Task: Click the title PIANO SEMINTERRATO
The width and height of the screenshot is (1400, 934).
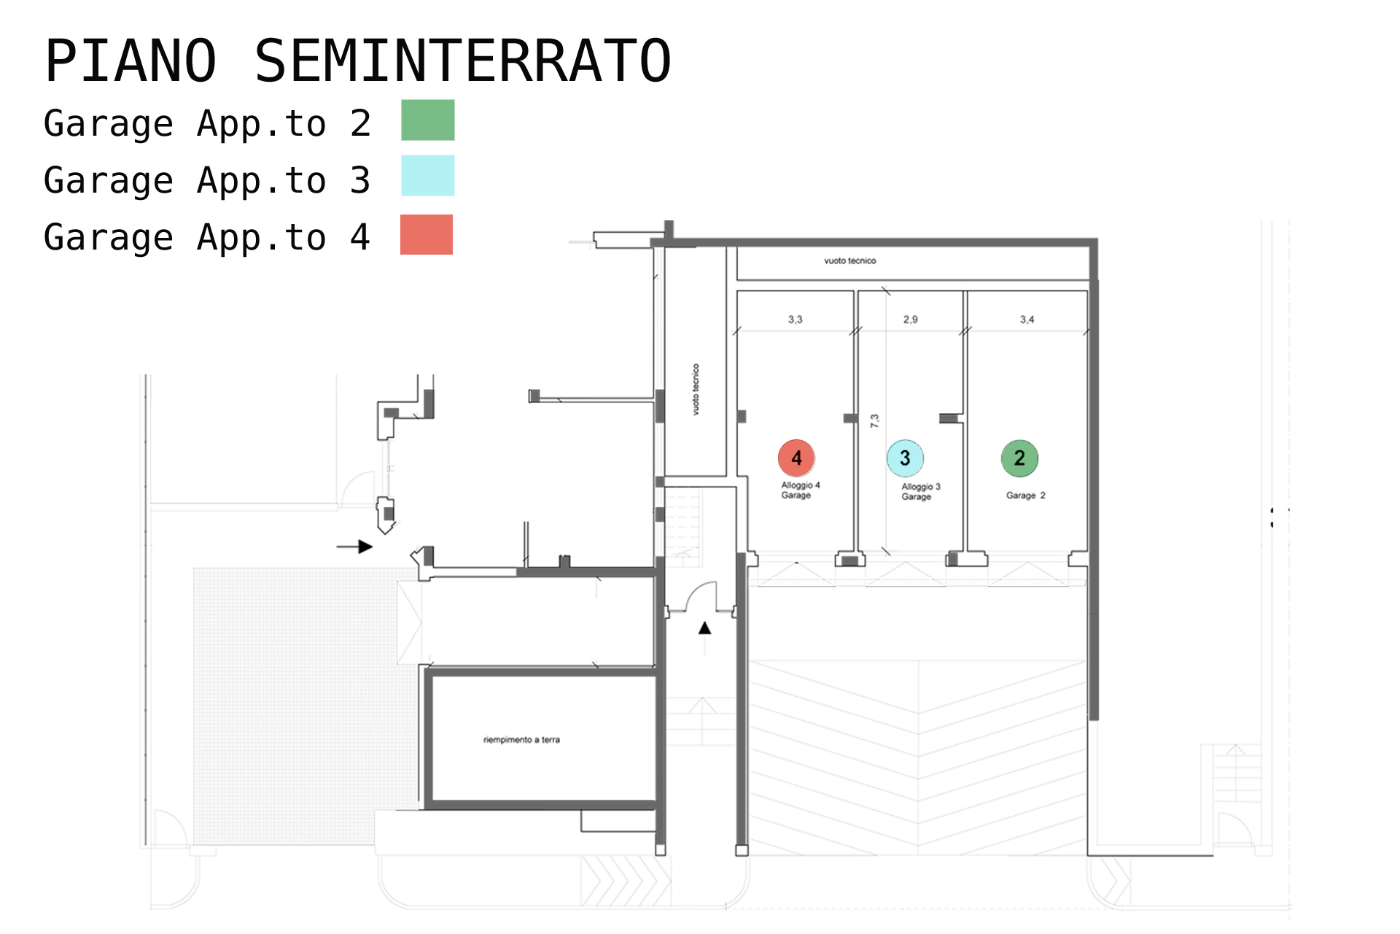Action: click(357, 61)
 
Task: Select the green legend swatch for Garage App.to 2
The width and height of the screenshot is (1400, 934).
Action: click(428, 120)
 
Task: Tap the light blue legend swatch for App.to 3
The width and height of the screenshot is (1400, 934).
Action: click(428, 175)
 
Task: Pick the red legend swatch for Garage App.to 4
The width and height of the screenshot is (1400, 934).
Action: click(427, 234)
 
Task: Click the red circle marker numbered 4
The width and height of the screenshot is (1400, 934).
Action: click(796, 458)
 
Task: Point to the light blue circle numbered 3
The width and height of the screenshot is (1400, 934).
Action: click(905, 458)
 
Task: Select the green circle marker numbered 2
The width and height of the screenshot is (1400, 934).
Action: click(1019, 458)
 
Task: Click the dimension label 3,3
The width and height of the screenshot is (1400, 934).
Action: click(795, 320)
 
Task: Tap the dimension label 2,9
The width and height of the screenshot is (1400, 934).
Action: click(910, 320)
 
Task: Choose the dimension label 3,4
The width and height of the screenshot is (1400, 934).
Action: click(1027, 320)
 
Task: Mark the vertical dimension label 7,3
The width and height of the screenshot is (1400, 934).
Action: click(874, 420)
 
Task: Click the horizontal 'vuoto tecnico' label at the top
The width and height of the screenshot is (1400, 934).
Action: click(849, 260)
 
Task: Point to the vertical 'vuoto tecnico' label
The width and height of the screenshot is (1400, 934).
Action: click(696, 390)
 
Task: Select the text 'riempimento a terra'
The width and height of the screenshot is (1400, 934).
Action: click(521, 740)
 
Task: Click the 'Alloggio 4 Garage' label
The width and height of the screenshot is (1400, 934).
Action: click(800, 490)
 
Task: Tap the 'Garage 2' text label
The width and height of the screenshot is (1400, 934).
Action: click(1025, 495)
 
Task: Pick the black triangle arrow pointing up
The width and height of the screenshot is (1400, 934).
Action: click(704, 628)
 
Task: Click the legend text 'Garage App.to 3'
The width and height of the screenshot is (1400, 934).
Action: click(207, 180)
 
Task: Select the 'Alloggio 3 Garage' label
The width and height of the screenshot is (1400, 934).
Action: click(920, 492)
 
